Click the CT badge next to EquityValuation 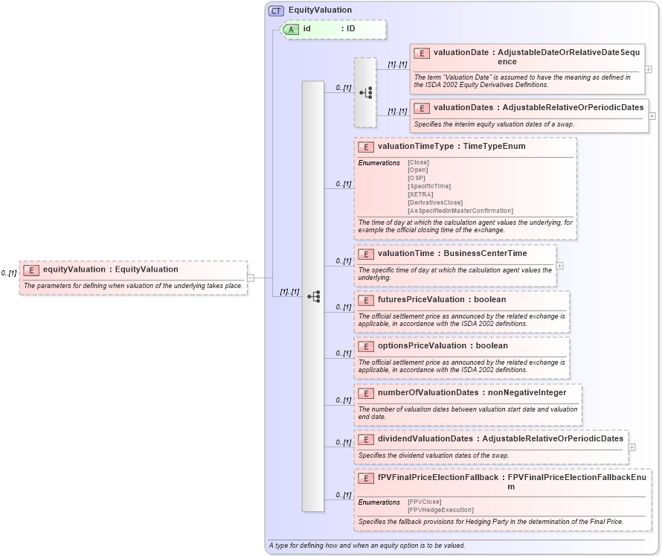(x=277, y=10)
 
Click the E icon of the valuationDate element (x=422, y=53)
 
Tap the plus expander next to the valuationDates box (x=652, y=116)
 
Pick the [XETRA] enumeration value (x=420, y=194)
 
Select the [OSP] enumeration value (x=417, y=178)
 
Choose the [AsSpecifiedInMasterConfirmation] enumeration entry (x=460, y=211)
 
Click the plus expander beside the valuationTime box (x=560, y=266)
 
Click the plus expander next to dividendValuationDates (x=632, y=448)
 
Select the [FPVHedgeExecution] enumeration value (x=440, y=510)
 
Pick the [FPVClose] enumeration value (x=424, y=502)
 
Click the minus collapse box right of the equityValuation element (x=251, y=278)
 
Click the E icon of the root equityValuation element (x=31, y=270)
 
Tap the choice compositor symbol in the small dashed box (x=365, y=93)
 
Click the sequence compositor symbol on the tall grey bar (x=313, y=296)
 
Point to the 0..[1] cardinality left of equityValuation (x=9, y=274)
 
